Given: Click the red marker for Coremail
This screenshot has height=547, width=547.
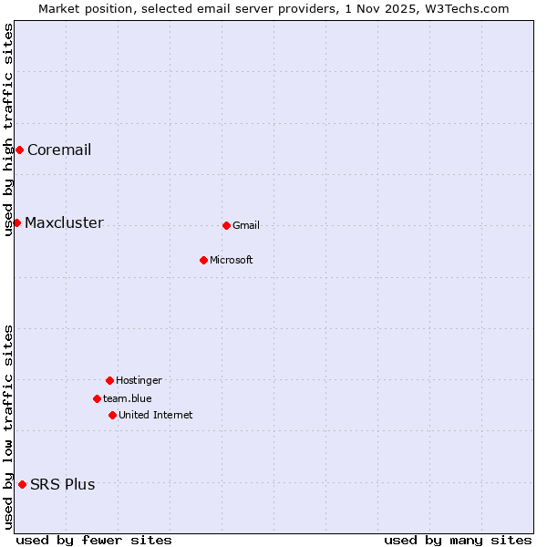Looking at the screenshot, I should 19,150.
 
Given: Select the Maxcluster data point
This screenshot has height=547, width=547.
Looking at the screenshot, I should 16,222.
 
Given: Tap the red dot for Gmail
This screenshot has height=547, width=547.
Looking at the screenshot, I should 226,225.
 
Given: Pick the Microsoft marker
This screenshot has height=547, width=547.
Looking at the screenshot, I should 203,260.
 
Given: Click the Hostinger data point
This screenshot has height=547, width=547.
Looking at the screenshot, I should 109,380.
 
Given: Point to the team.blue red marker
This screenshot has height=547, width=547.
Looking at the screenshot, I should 97,398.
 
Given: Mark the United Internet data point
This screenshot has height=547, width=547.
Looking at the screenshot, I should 112,415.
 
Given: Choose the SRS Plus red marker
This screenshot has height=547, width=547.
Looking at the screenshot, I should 22,484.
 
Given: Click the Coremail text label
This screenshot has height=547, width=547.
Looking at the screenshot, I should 59,150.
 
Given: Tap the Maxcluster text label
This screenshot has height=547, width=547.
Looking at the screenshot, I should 64,222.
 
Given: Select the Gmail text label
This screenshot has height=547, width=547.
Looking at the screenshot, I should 246,225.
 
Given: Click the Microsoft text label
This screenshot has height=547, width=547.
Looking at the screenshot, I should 232,260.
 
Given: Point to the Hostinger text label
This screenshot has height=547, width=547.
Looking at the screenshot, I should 139,380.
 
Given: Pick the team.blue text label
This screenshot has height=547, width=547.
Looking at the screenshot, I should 128,398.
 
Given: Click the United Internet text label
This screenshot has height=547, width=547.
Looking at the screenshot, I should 156,415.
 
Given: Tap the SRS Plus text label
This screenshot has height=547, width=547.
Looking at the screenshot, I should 63,484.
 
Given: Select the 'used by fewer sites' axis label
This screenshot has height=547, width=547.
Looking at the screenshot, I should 94,540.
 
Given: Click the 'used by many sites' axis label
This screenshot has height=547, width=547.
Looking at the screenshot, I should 458,540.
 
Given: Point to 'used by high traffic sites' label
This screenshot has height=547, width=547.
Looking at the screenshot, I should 8,129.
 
